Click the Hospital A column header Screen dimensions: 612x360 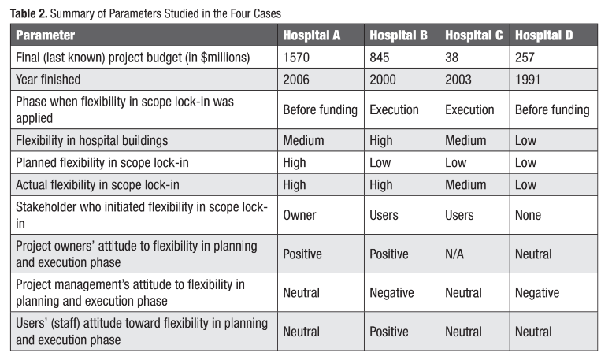[x=311, y=35]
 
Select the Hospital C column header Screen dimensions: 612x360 [x=474, y=35]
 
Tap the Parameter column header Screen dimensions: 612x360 [x=45, y=35]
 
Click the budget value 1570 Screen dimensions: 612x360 [x=296, y=58]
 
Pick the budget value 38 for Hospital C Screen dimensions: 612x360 [x=451, y=58]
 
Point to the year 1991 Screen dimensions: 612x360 [x=527, y=80]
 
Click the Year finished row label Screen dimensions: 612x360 [x=48, y=80]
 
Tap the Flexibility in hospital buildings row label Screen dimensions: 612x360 [x=91, y=140]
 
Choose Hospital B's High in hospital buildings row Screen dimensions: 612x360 [x=381, y=140]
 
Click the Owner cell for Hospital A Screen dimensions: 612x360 [x=299, y=215]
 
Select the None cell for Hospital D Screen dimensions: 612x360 [x=528, y=215]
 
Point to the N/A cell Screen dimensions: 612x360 [x=454, y=254]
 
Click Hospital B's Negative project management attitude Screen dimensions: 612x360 [x=391, y=293]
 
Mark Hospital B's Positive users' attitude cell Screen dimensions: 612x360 [x=389, y=332]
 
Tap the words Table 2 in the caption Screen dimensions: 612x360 [x=28, y=13]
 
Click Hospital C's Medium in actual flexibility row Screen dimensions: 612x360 [x=465, y=184]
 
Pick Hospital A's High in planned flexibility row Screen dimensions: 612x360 [x=295, y=163]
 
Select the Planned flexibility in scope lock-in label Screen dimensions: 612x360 [x=102, y=163]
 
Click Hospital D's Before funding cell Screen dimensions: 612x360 [x=552, y=109]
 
